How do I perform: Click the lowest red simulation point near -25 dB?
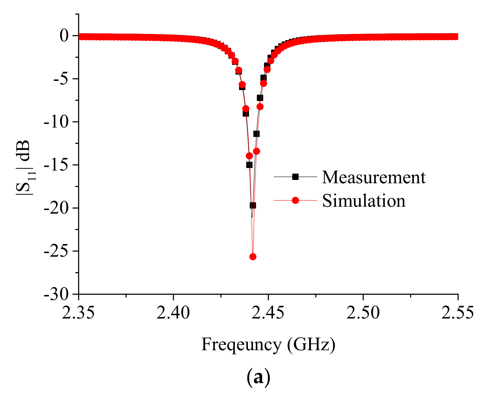pos(253,257)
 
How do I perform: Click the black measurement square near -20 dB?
pos(253,205)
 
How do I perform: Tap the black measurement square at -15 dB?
pos(249,165)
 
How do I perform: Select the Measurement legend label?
pos(374,177)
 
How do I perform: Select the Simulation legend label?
pos(364,201)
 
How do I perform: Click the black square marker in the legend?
pos(295,177)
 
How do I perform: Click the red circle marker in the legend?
pos(295,200)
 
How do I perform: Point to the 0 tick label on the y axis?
pos(64,36)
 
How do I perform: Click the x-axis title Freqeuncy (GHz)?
pos(268,344)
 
